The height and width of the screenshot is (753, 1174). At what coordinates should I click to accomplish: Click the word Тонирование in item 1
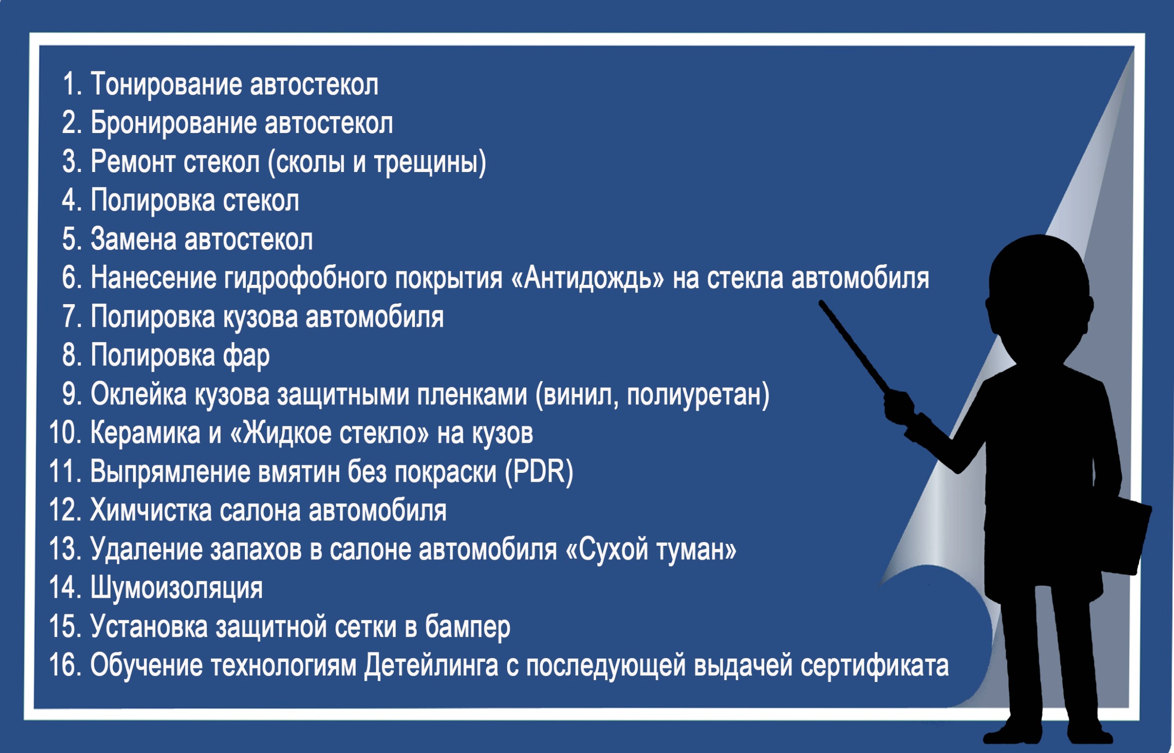click(166, 84)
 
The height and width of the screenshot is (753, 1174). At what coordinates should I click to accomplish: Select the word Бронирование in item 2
click(173, 123)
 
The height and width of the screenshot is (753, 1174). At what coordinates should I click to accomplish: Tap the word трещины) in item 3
click(430, 162)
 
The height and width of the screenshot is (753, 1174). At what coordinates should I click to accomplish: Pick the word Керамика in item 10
click(145, 433)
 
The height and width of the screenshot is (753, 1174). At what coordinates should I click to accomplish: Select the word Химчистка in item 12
click(150, 510)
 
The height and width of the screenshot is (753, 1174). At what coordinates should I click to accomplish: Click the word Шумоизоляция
click(176, 588)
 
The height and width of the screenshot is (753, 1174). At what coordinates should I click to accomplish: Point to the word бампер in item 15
click(467, 627)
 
